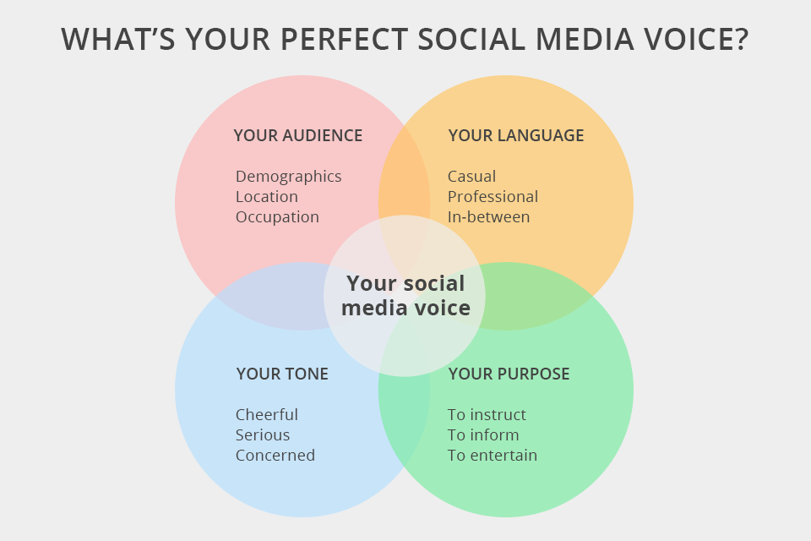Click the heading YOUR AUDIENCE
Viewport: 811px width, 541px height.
[x=297, y=135]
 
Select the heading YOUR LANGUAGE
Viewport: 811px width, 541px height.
[x=515, y=135]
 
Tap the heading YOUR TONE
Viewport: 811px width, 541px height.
[x=282, y=374]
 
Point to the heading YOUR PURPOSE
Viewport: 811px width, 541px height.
[x=509, y=374]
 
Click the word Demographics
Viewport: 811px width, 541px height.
[x=288, y=176]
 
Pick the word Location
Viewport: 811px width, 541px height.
[x=266, y=196]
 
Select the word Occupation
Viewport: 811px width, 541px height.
[x=277, y=216]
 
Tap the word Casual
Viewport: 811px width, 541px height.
[x=471, y=176]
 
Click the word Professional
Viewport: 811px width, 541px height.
[x=493, y=196]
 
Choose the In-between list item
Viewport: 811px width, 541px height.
[x=488, y=216]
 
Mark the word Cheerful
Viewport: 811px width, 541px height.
[x=266, y=415]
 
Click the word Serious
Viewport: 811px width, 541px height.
[x=263, y=435]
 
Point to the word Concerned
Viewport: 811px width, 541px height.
[x=275, y=456]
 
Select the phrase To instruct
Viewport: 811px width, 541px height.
[x=487, y=415]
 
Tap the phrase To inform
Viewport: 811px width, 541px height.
[x=483, y=435]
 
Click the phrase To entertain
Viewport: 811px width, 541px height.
[x=492, y=456]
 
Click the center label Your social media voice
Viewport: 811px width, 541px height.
[x=405, y=296]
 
